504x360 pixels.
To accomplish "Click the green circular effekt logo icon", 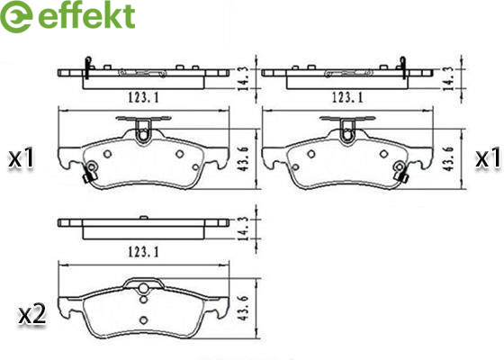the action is point(16,16).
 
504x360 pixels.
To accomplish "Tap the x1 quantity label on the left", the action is point(22,158).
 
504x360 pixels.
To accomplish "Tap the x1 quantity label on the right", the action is point(488,158).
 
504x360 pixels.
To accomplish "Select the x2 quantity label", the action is point(31,315).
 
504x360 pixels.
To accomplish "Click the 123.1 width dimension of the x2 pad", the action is point(143,252).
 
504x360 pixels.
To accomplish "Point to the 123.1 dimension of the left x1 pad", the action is point(143,97).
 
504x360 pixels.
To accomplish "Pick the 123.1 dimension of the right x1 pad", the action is point(347,97).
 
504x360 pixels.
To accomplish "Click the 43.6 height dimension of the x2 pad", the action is point(244,309).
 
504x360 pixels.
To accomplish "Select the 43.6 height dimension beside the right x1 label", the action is point(449,158).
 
